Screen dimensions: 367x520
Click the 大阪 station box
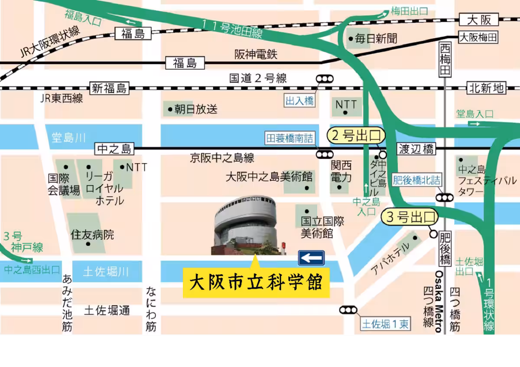[478, 20]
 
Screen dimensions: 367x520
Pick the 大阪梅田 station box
[478, 38]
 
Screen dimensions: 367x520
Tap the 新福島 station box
[109, 88]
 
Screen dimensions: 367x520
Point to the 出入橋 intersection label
[299, 102]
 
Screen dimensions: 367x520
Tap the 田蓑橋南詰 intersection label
[289, 138]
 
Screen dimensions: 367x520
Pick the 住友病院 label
[92, 235]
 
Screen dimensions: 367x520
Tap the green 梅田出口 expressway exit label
[409, 11]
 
